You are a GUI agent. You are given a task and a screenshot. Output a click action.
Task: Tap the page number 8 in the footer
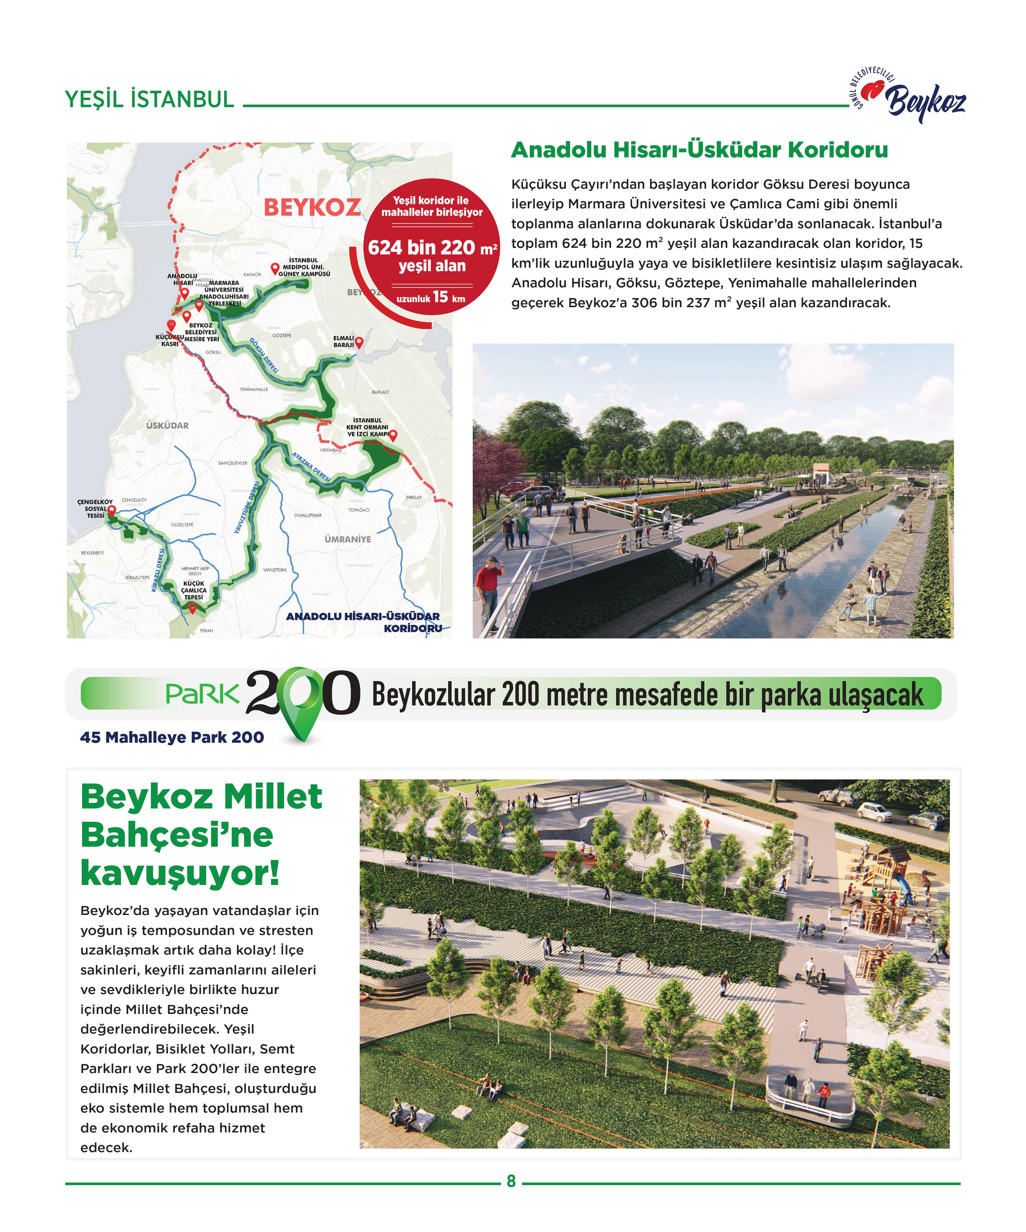511,1181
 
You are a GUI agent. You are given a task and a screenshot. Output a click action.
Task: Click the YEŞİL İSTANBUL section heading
149,100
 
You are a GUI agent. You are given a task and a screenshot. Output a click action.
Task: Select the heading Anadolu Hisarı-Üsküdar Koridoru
699,150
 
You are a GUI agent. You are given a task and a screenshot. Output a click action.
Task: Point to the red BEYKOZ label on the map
312,207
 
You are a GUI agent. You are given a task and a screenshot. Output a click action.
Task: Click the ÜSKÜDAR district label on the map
168,425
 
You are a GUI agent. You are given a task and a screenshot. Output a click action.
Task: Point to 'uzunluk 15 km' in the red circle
431,297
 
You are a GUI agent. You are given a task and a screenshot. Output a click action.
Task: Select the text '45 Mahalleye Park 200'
172,737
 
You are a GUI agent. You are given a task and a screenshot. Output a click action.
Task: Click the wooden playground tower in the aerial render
886,868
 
